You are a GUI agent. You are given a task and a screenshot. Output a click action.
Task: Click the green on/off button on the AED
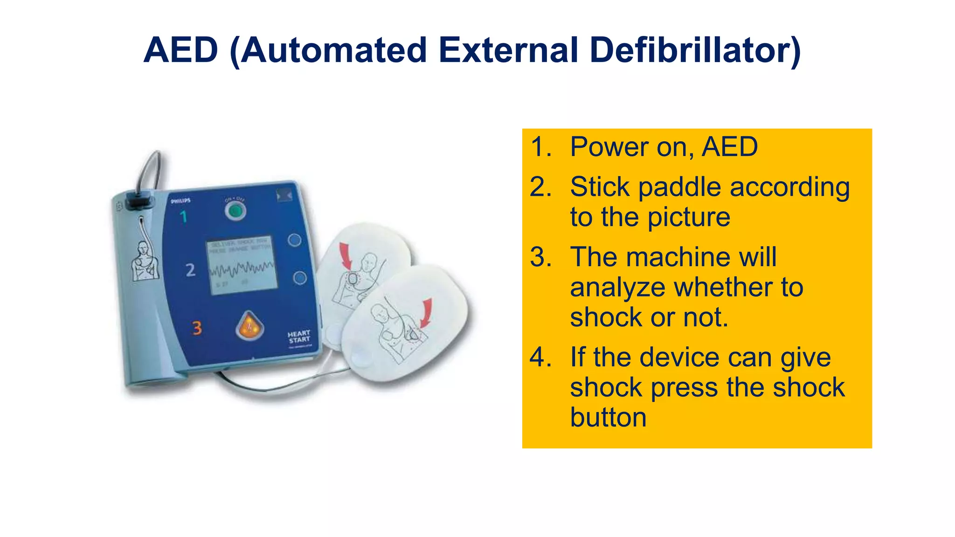click(235, 212)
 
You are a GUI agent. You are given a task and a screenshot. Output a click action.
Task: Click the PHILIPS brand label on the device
click(180, 201)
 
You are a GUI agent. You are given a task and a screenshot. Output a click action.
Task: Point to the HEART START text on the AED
click(299, 337)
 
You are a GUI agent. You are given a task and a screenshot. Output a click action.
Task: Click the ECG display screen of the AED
click(242, 265)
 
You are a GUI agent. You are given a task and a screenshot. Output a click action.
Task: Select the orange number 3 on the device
click(197, 328)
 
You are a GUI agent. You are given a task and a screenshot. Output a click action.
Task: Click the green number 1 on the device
click(184, 216)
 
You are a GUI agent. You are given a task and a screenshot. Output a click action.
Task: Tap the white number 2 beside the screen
click(190, 270)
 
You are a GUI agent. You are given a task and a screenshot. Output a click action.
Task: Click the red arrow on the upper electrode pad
click(345, 256)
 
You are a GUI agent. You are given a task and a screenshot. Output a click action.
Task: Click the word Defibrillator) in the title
click(695, 50)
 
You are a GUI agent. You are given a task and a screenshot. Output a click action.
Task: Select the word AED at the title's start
click(181, 50)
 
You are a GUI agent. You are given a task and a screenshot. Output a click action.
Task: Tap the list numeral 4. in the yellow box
click(541, 358)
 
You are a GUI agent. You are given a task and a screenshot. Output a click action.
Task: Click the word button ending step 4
click(608, 417)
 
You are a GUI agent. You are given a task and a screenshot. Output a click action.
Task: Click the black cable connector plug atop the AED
click(140, 201)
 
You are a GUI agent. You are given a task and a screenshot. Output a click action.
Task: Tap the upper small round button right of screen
click(294, 241)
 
